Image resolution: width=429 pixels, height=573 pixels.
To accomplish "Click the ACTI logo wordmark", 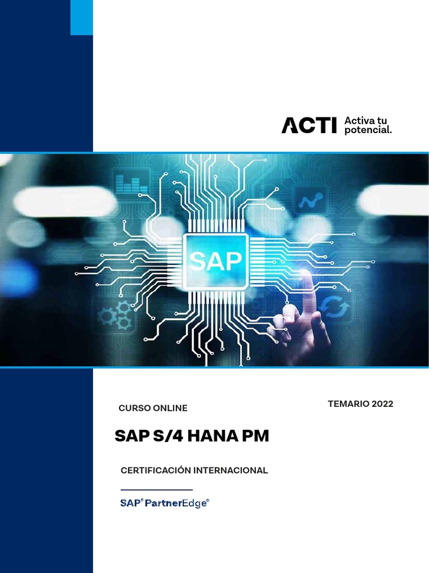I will pyautogui.click(x=309, y=125).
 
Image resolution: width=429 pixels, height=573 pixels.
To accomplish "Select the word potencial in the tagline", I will pyautogui.click(x=368, y=130).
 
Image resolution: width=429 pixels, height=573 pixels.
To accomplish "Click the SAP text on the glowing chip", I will pyautogui.click(x=216, y=261).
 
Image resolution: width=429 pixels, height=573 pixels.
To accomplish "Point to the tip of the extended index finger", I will pyautogui.click(x=305, y=274).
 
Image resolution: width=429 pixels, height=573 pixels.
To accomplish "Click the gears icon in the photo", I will pyautogui.click(x=115, y=314).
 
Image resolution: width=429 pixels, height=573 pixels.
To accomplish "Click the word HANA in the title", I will pyautogui.click(x=210, y=436).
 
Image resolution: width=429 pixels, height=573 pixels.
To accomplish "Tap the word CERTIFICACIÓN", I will pyautogui.click(x=158, y=471).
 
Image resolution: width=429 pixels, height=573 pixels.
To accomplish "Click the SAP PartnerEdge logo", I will pyautogui.click(x=165, y=503).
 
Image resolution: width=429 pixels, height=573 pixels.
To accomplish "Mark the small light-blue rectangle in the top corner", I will pyautogui.click(x=82, y=18).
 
